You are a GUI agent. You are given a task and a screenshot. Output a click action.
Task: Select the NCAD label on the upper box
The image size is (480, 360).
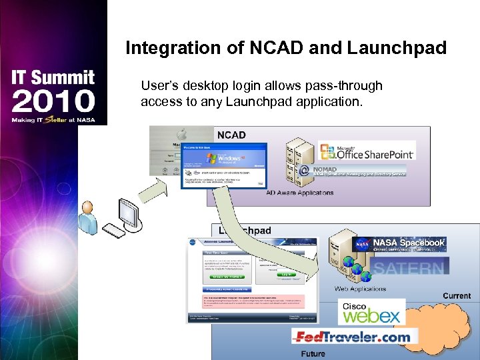tap(231, 135)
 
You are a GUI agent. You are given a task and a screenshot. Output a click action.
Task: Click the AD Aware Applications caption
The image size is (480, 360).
tap(300, 193)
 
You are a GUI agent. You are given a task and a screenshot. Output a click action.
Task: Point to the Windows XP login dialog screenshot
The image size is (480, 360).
tap(223, 165)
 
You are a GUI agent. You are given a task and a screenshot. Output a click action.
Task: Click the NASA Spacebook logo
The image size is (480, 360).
tap(400, 244)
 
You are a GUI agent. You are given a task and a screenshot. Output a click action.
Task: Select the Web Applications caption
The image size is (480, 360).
tap(360, 289)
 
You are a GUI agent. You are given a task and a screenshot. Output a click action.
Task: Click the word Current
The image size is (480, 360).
tap(457, 295)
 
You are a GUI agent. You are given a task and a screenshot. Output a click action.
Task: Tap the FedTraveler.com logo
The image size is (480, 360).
tap(352, 337)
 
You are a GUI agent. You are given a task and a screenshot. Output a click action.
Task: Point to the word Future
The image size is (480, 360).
tap(313, 353)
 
